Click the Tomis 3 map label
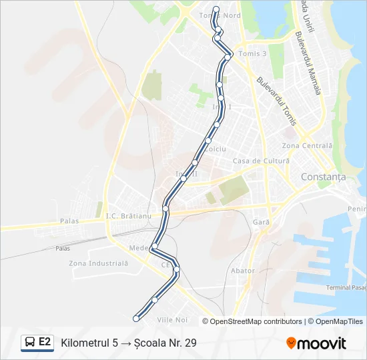[252, 53]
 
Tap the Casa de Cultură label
[261, 161]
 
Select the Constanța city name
[324, 177]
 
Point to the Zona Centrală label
[307, 145]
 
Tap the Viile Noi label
[172, 320]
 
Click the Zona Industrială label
[98, 263]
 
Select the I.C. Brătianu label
[129, 216]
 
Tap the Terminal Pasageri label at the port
[346, 287]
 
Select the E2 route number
[45, 342]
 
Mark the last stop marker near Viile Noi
[136, 319]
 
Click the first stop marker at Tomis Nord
[216, 9]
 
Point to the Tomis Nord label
[220, 15]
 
